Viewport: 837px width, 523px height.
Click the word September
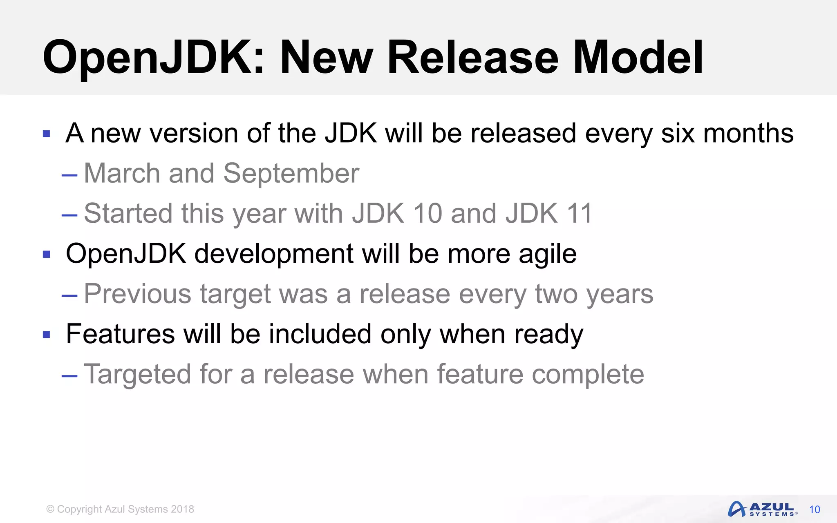pyautogui.click(x=291, y=174)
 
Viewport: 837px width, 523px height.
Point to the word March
pyautogui.click(x=121, y=174)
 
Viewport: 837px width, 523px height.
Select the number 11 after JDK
pyautogui.click(x=579, y=213)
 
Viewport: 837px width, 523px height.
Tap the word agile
pyautogui.click(x=547, y=254)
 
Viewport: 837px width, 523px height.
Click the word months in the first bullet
pyautogui.click(x=748, y=134)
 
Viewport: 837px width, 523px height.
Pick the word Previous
pyautogui.click(x=137, y=294)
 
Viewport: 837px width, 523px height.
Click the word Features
pyautogui.click(x=120, y=334)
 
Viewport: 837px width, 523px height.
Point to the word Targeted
pyautogui.click(x=137, y=374)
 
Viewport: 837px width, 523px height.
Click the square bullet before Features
pyautogui.click(x=47, y=335)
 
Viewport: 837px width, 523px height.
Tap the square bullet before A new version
pyautogui.click(x=47, y=134)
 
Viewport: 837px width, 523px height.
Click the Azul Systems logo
pyautogui.click(x=762, y=509)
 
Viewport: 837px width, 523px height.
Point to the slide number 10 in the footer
pyautogui.click(x=815, y=510)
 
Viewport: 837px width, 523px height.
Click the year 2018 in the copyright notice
pyautogui.click(x=182, y=509)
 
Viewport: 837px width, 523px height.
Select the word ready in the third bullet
pyautogui.click(x=548, y=335)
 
